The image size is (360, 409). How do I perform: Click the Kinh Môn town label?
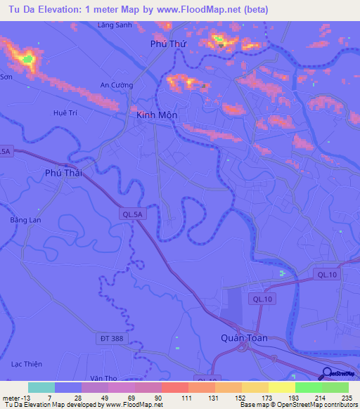click(x=157, y=115)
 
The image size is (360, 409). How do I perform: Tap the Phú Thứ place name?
click(x=167, y=44)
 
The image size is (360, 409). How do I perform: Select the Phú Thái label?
click(x=64, y=172)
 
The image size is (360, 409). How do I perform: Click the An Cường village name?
click(x=117, y=85)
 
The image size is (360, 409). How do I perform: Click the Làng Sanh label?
click(x=115, y=25)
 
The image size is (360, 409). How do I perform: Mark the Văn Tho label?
click(x=103, y=377)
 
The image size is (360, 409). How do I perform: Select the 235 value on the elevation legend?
click(x=347, y=398)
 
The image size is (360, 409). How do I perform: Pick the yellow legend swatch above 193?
click(x=282, y=387)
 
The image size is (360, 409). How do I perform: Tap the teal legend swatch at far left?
click(x=41, y=387)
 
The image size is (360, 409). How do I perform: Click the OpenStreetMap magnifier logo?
click(x=326, y=375)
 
